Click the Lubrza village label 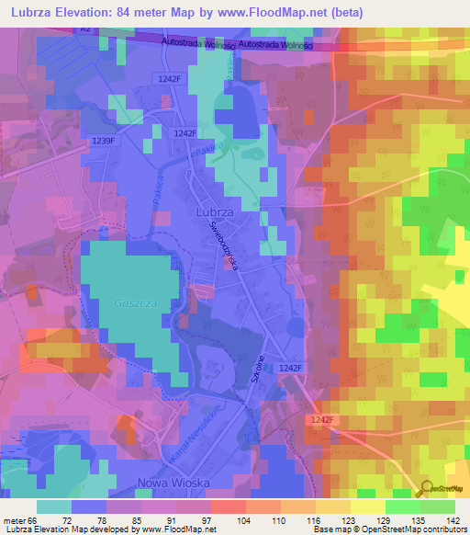coord(217,211)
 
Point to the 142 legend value coord(454,519)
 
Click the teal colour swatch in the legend coord(54,507)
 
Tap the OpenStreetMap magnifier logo coord(423,489)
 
